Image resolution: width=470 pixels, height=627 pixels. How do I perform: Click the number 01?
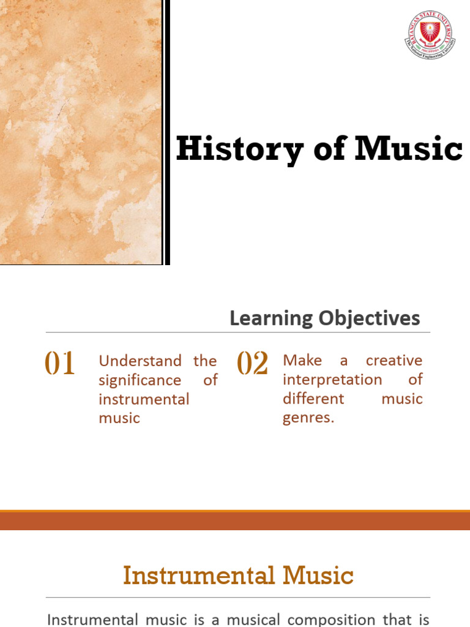coord(59,364)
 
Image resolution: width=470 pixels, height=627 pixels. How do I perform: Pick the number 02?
coord(252,364)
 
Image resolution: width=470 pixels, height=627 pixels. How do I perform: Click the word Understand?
coord(140,361)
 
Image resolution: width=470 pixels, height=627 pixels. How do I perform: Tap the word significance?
coord(140,380)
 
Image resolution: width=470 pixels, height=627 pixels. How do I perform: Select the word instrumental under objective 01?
coord(144,400)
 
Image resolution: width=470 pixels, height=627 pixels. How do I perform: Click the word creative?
coord(394,361)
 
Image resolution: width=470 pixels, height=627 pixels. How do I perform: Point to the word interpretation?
coord(332,380)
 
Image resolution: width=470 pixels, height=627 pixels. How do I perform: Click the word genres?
coord(308,419)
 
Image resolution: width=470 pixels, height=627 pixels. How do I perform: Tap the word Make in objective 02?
coord(302,361)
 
